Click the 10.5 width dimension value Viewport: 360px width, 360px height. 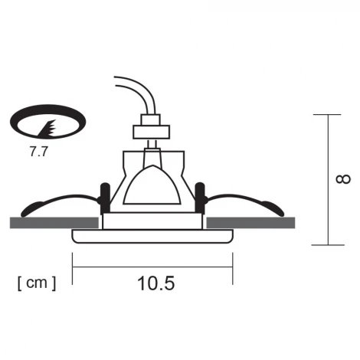[x=157, y=283]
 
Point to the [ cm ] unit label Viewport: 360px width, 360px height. [x=35, y=283]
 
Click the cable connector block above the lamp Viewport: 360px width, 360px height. [x=151, y=127]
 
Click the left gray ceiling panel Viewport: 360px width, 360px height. [x=54, y=222]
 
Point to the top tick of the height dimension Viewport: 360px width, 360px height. [x=327, y=115]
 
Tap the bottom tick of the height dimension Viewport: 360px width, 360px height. [x=327, y=245]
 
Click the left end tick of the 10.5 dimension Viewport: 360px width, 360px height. [x=73, y=266]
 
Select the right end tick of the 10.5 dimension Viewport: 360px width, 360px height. [x=233, y=266]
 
